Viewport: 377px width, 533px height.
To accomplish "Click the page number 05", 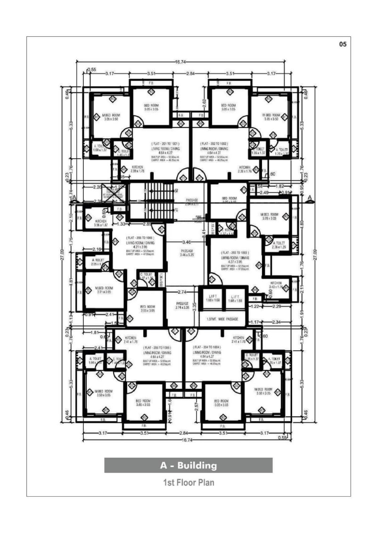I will (x=343, y=44).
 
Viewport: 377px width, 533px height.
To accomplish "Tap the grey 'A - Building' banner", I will (x=188, y=466).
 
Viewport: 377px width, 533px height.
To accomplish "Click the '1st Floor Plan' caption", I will (x=188, y=483).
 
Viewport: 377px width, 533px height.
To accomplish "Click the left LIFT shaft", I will (x=211, y=299).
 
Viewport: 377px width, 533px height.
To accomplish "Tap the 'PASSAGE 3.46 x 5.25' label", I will (x=187, y=253).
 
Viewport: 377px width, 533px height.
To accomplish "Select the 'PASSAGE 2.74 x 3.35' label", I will (x=183, y=306).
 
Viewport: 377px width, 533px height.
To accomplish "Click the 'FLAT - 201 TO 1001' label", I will (x=164, y=143).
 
